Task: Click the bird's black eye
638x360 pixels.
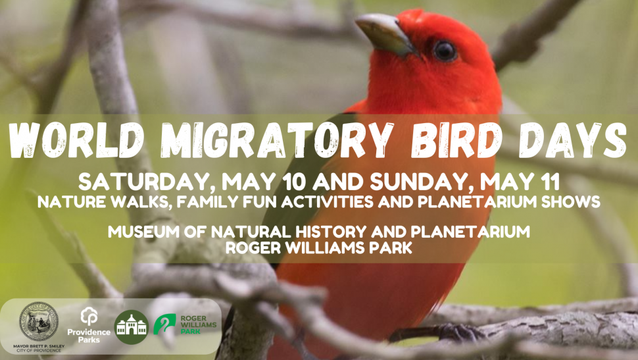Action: click(x=445, y=51)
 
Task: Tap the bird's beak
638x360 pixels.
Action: click(x=385, y=34)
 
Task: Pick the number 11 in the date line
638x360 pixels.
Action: click(x=550, y=182)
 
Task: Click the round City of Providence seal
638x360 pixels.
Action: click(x=39, y=322)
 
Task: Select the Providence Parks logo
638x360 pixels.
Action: click(x=89, y=325)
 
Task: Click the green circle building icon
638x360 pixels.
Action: click(x=131, y=327)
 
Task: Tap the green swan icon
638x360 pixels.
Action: click(x=164, y=324)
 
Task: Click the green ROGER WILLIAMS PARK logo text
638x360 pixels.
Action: click(x=198, y=324)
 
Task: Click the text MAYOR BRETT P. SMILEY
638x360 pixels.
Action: click(x=39, y=346)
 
